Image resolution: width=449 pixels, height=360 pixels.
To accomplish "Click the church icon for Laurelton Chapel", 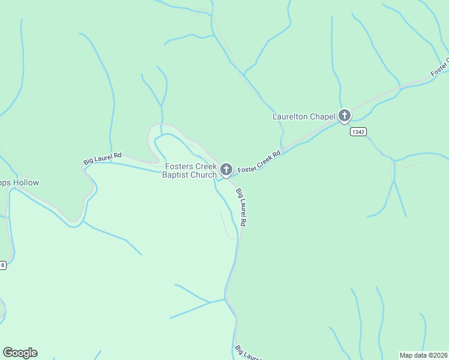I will tap(344, 116).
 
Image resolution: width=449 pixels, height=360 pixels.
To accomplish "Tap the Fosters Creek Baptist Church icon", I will tap(226, 170).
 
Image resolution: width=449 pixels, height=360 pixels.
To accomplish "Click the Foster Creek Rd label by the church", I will tap(259, 163).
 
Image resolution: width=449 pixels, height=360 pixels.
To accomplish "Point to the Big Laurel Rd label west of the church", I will tap(102, 158).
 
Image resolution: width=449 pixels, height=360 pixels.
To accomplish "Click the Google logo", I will tap(20, 353).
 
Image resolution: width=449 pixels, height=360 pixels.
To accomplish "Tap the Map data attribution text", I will tap(424, 355).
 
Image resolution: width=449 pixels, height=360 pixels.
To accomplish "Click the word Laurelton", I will tap(291, 116).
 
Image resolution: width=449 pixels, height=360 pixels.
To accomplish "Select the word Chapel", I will tap(324, 116).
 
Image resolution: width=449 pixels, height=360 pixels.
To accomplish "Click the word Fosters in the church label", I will tap(178, 166).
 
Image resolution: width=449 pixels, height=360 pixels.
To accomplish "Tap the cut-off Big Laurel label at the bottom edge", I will tap(247, 353).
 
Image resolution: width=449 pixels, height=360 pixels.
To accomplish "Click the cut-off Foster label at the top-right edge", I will tap(439, 68).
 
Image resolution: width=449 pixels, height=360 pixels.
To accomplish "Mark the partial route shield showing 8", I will tap(2, 265).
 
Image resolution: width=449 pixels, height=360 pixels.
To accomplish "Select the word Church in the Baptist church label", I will tap(204, 175).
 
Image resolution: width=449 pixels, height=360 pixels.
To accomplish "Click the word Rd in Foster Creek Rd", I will tap(276, 154).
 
